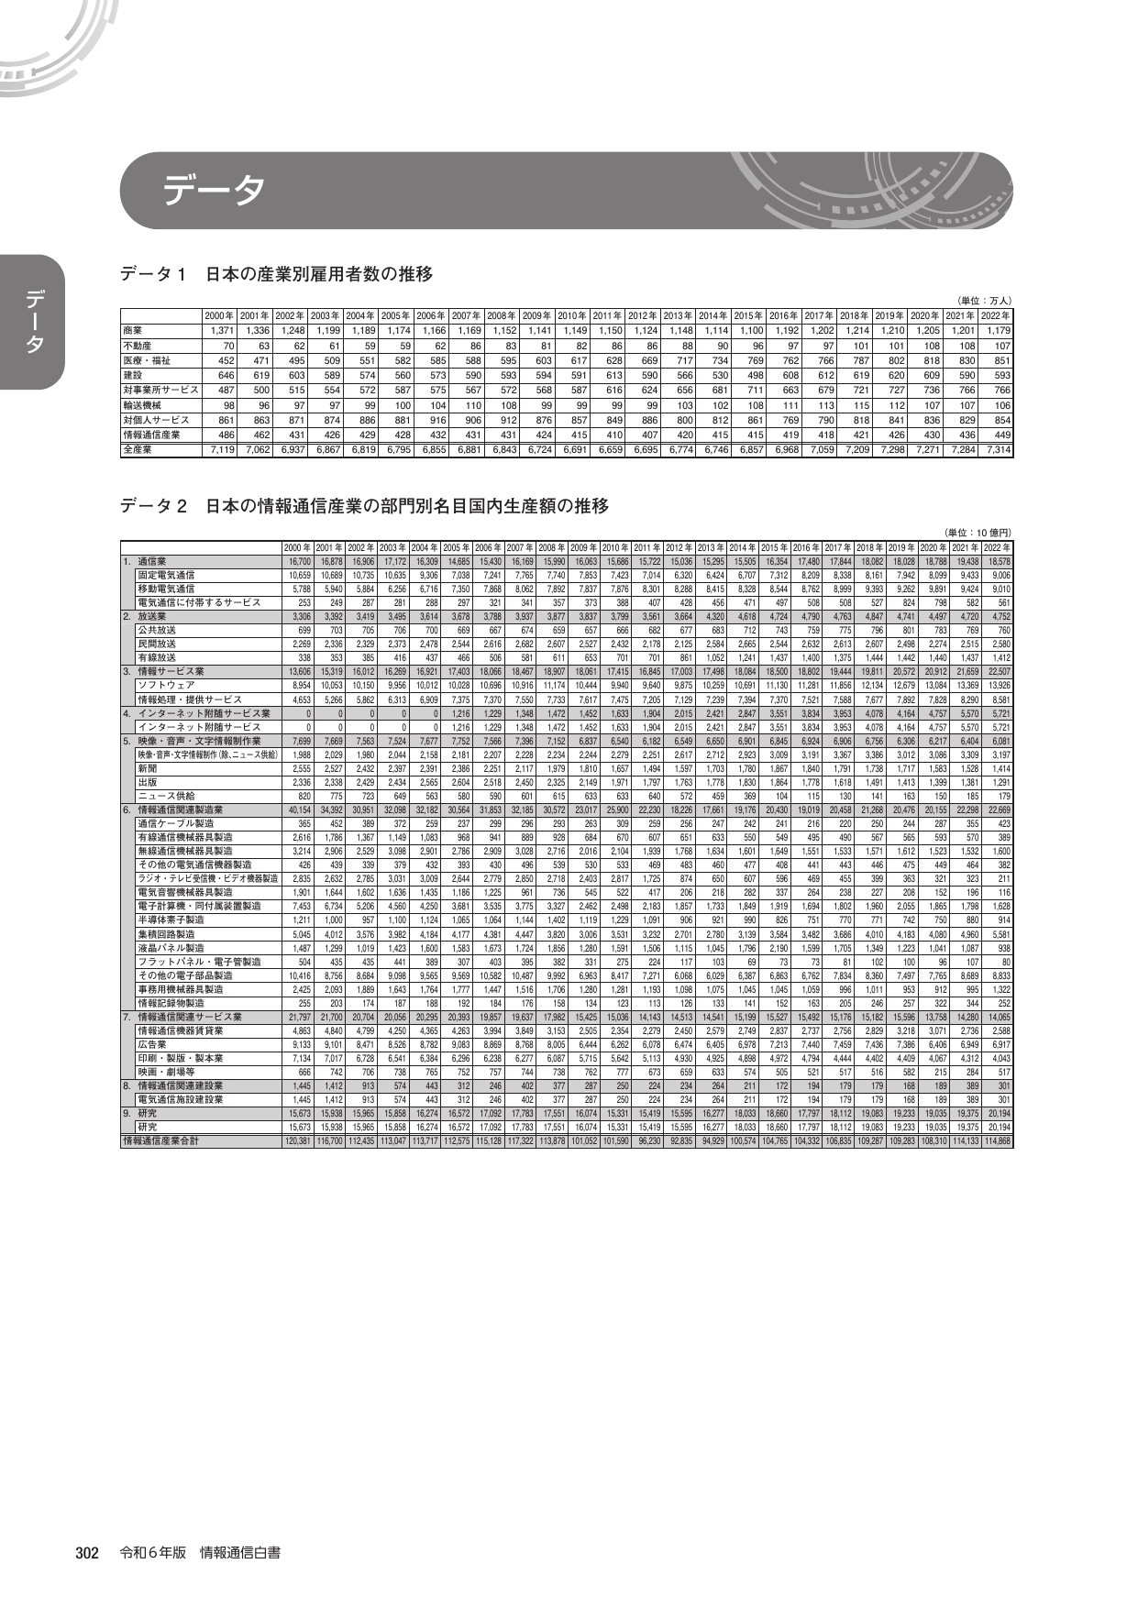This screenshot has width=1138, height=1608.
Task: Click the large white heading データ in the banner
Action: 214,191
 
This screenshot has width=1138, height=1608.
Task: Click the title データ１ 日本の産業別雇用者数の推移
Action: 276,274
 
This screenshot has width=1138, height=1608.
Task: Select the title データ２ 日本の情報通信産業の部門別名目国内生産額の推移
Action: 364,506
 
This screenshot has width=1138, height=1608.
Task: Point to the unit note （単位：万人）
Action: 983,300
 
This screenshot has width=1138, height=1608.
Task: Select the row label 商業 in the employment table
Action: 133,330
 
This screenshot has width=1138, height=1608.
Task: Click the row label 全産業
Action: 138,450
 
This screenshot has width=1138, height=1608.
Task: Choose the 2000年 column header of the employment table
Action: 219,315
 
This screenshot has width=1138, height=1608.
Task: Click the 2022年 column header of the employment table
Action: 994,315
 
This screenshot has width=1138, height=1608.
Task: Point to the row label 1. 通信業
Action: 146,560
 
